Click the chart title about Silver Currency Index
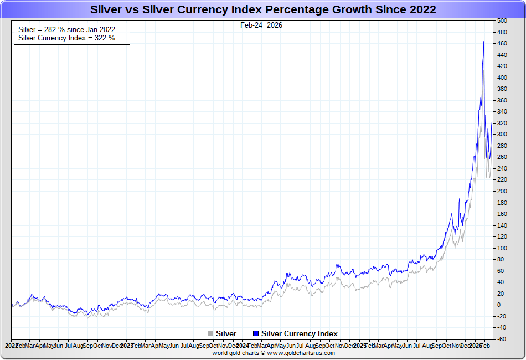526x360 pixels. pos(263,9)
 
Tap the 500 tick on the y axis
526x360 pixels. pos(502,20)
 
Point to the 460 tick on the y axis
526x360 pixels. pos(502,43)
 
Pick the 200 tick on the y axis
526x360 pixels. pos(502,191)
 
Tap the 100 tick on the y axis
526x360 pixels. pos(502,248)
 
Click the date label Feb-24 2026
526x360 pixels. pos(261,25)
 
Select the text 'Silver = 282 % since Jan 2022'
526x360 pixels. pos(67,29)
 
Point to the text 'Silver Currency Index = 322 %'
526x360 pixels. pos(67,38)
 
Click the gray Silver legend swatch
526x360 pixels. pos(210,333)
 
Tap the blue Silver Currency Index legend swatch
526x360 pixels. pos(256,333)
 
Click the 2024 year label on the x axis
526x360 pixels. pos(241,346)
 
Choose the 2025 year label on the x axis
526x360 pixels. pos(359,346)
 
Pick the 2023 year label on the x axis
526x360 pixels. pos(125,346)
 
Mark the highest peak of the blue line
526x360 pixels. pos(484,42)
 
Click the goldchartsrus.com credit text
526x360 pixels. pos(274,353)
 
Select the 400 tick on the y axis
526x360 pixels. pos(502,78)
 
